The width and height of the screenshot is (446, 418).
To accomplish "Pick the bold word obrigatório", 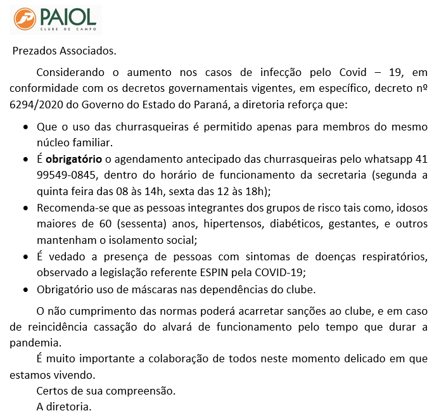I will [x=77, y=158].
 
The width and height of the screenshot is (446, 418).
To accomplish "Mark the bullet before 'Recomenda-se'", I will [x=25, y=208].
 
